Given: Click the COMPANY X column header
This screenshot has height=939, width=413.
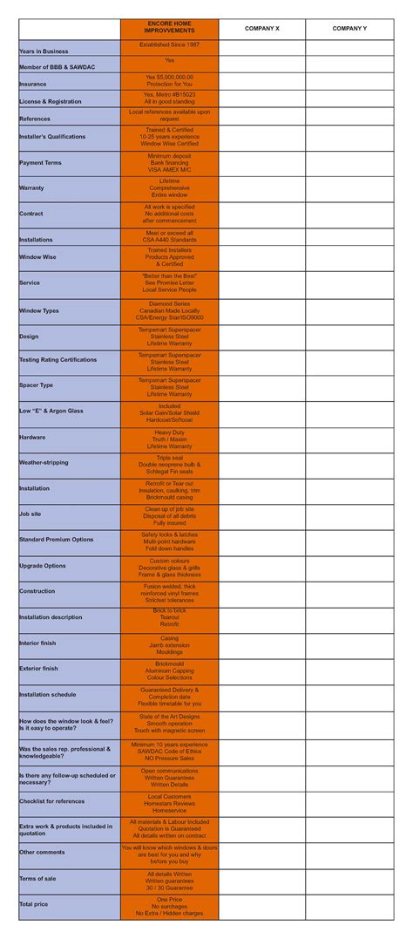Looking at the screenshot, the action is pyautogui.click(x=261, y=29).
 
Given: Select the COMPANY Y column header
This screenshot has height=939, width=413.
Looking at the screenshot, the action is pyautogui.click(x=349, y=29).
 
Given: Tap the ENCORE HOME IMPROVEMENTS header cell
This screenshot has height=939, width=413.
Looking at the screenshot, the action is pyautogui.click(x=169, y=29).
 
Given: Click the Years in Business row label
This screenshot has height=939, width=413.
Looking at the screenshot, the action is pyautogui.click(x=44, y=51).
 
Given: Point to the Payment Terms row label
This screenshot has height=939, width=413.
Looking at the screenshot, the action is pyautogui.click(x=40, y=163).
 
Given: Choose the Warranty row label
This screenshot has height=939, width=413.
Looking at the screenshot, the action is pyautogui.click(x=31, y=188).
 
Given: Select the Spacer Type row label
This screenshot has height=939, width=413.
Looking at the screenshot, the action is pyautogui.click(x=36, y=385).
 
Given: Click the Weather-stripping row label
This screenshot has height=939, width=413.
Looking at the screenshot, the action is pyautogui.click(x=44, y=463).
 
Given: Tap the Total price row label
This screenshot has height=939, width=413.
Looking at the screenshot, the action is pyautogui.click(x=34, y=905).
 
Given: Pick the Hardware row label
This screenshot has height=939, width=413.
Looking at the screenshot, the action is pyautogui.click(x=32, y=438).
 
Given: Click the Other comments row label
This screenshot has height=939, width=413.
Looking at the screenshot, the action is pyautogui.click(x=42, y=852).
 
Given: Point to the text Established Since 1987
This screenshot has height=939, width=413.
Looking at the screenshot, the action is pyautogui.click(x=169, y=44).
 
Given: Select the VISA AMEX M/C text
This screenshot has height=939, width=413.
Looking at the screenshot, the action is pyautogui.click(x=169, y=170).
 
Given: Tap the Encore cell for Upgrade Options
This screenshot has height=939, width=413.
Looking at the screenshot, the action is pyautogui.click(x=169, y=568).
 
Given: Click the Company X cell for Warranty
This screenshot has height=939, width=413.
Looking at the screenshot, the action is pyautogui.click(x=261, y=188).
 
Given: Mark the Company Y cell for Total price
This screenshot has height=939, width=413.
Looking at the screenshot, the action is pyautogui.click(x=349, y=907).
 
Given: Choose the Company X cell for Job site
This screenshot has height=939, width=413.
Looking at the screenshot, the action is pyautogui.click(x=261, y=516).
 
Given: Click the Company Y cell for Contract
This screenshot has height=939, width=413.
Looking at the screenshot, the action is pyautogui.click(x=349, y=214).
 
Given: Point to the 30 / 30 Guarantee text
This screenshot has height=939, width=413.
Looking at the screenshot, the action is pyautogui.click(x=169, y=888).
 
